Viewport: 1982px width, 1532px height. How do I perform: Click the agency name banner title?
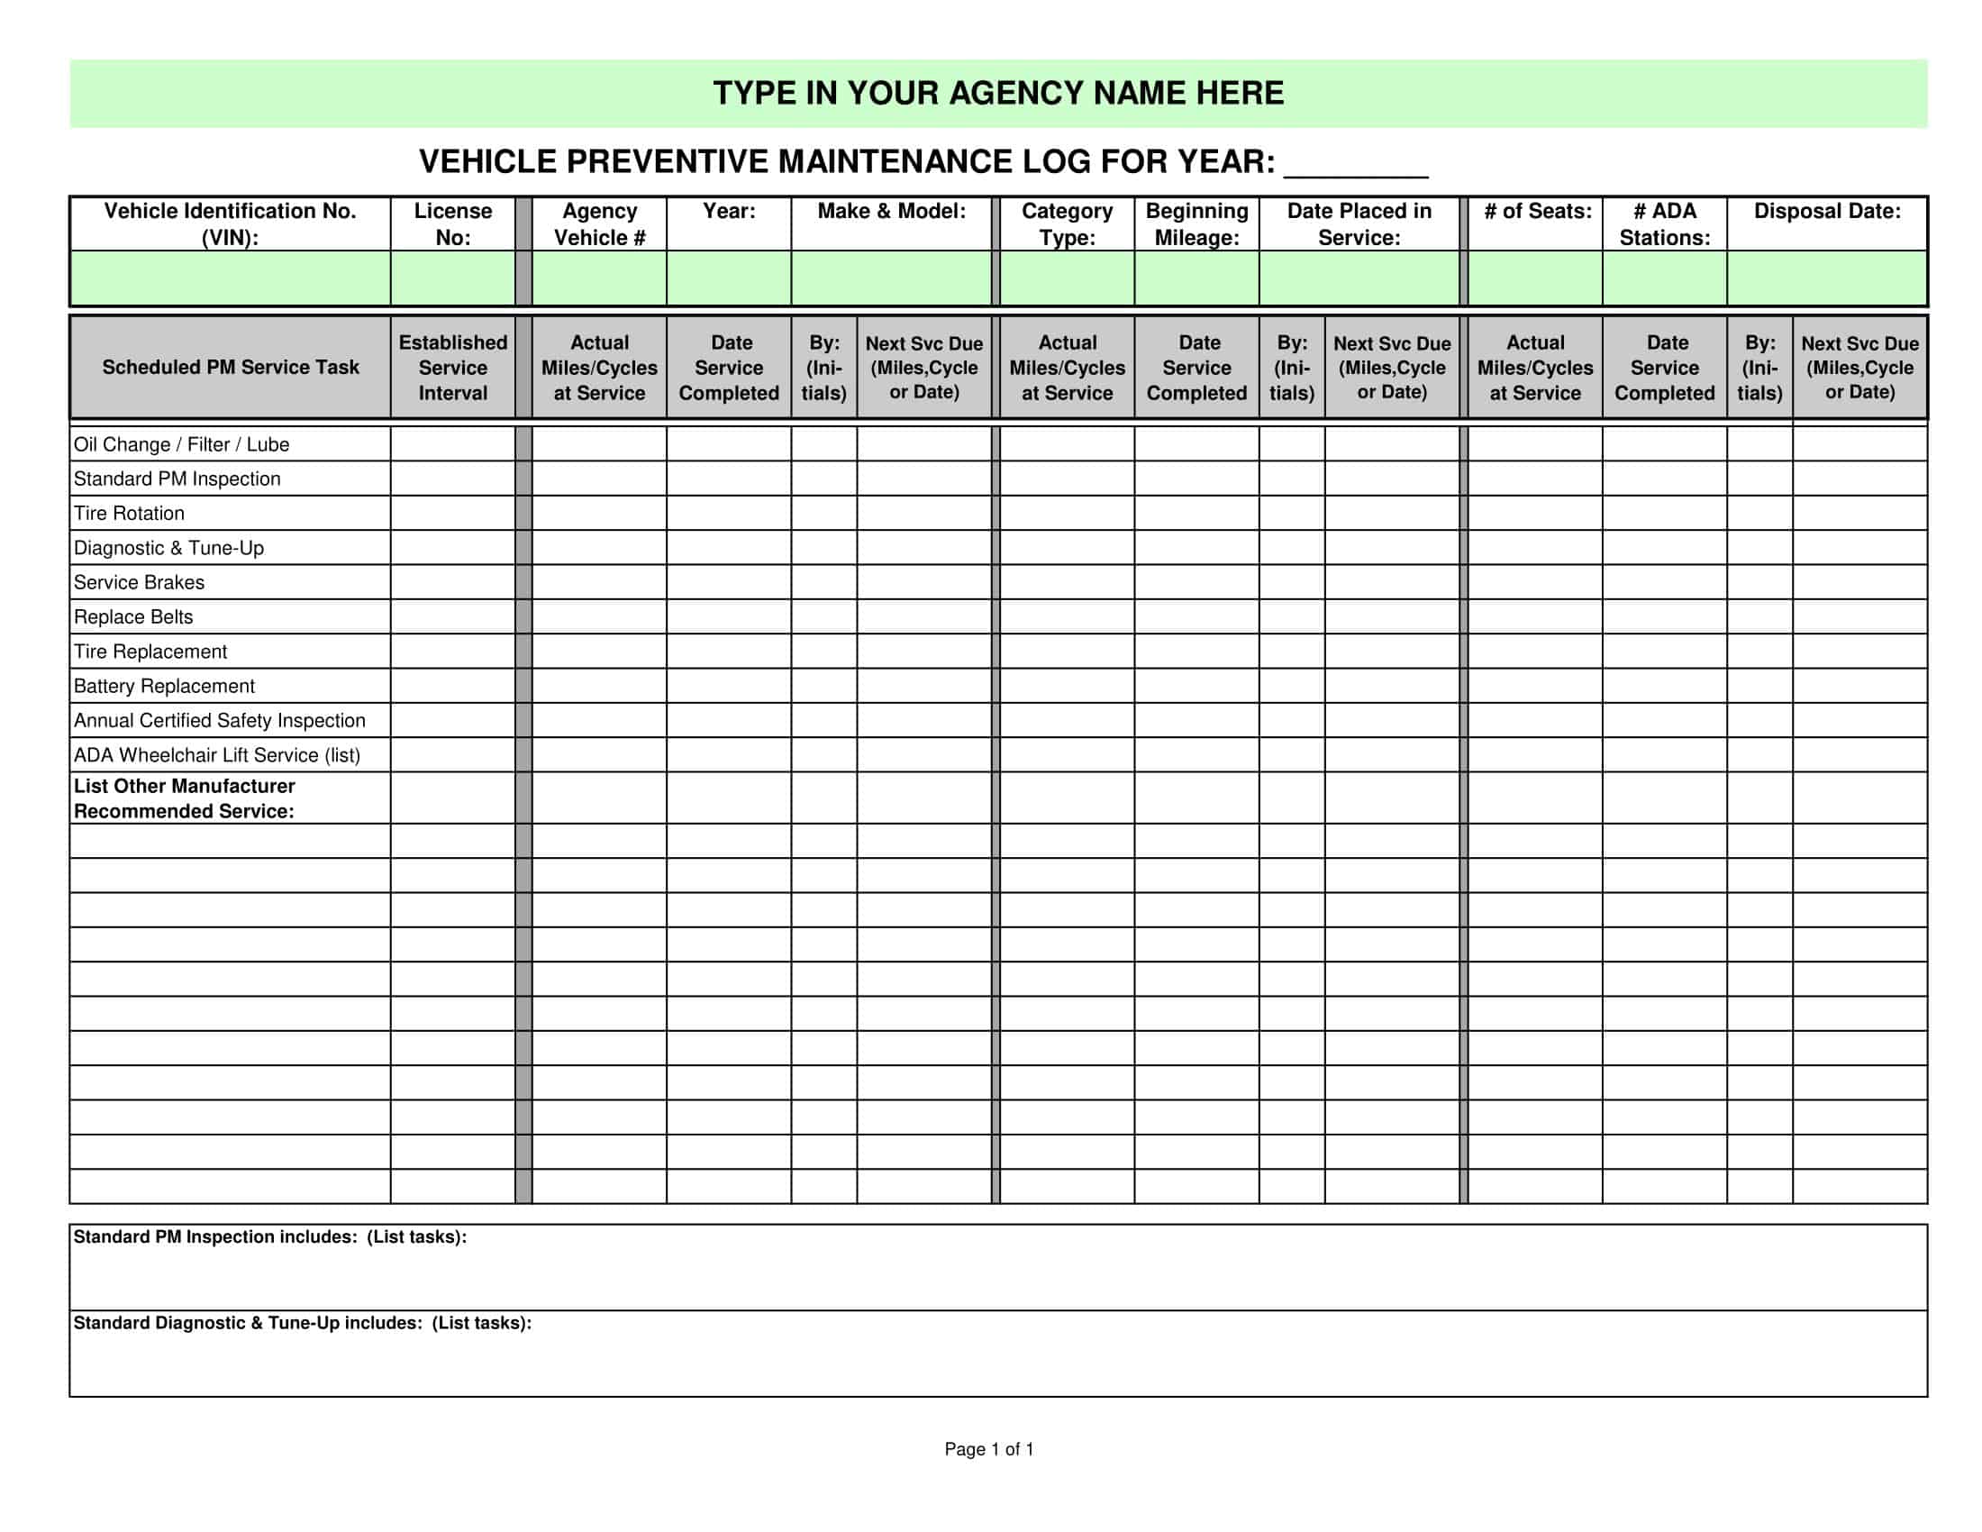(x=998, y=94)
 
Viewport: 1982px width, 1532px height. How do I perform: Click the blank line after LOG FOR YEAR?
(x=1356, y=166)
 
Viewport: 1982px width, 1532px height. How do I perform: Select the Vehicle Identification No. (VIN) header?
(x=230, y=224)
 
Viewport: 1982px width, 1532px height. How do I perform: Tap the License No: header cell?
(x=453, y=224)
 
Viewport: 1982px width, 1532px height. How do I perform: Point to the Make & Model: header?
(x=891, y=212)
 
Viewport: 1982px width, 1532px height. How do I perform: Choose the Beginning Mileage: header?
(x=1196, y=224)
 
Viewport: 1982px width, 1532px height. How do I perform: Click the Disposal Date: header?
(x=1826, y=212)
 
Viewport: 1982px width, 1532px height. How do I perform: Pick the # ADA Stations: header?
(x=1664, y=224)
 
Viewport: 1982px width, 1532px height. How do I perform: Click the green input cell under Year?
(x=729, y=278)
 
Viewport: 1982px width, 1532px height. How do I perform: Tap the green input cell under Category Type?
(x=1067, y=278)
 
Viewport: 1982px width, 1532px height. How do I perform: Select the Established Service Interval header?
(x=453, y=368)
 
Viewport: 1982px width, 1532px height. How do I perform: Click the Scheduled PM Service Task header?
(x=231, y=368)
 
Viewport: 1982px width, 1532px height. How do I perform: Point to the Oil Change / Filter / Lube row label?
(x=181, y=444)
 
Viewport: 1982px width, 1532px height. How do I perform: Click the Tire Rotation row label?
(x=129, y=514)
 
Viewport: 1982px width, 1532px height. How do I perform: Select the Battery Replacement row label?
(x=164, y=686)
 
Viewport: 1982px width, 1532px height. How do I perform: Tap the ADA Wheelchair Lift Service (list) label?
(x=217, y=755)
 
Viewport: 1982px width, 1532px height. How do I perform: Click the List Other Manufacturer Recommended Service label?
(x=184, y=798)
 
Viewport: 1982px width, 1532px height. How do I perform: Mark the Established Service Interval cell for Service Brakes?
(x=453, y=583)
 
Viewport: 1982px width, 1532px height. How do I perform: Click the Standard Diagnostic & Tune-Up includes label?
(x=302, y=1323)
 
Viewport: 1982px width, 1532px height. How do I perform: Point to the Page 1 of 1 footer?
(x=989, y=1449)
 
